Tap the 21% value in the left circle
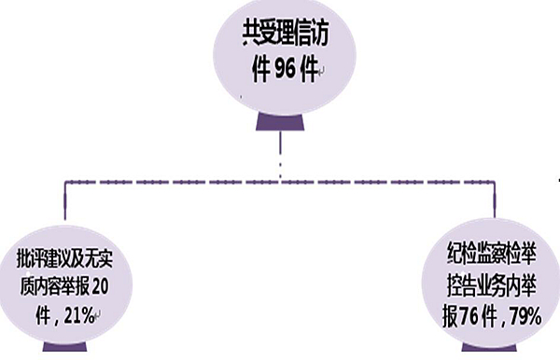click(x=77, y=315)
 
